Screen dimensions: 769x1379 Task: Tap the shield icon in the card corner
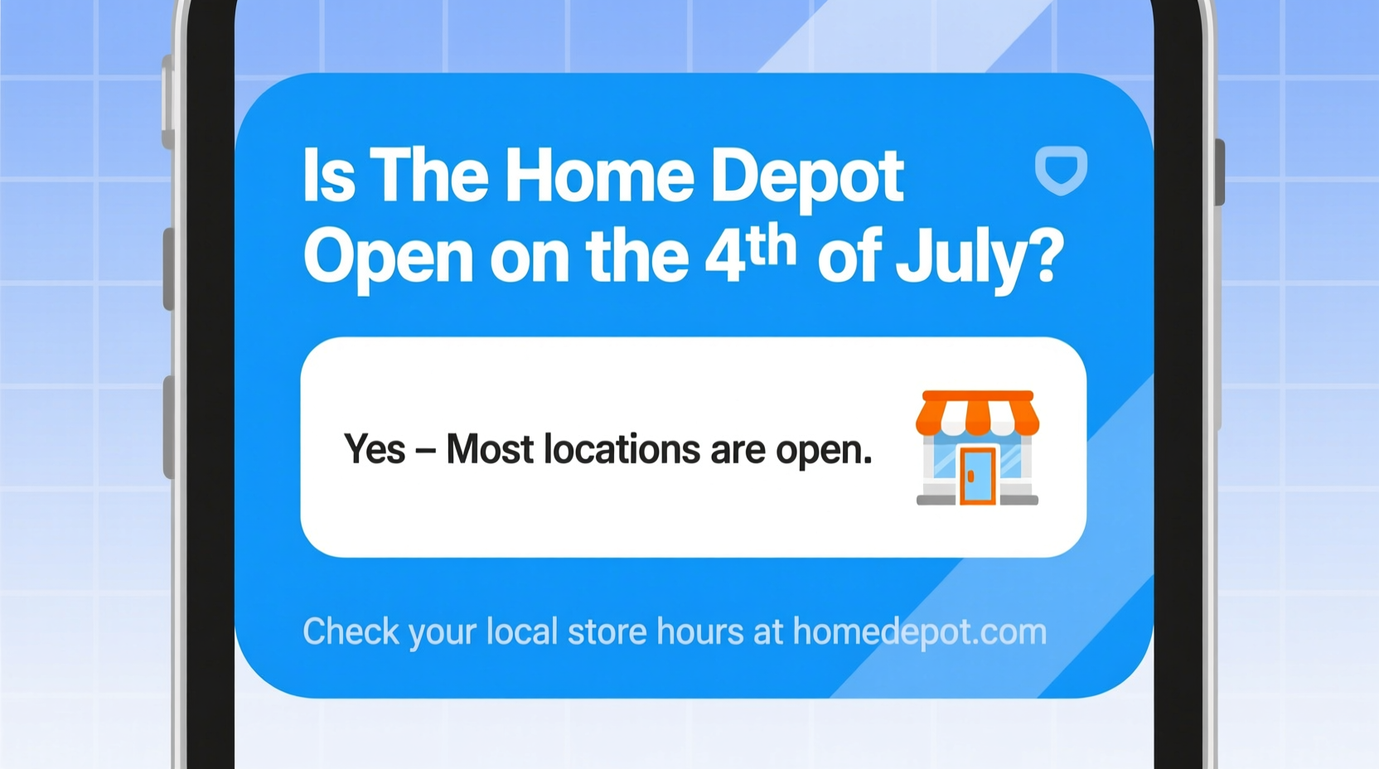point(1061,170)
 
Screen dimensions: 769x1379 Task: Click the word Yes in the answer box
point(375,450)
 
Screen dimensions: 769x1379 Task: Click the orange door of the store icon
point(977,476)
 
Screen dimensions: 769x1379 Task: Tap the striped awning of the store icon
point(977,412)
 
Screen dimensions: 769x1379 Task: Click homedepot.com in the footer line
point(919,632)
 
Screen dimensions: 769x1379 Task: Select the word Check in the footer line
point(350,632)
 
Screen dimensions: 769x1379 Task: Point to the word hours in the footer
point(699,632)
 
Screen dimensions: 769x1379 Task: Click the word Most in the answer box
point(489,450)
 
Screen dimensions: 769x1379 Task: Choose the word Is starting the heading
point(328,177)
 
